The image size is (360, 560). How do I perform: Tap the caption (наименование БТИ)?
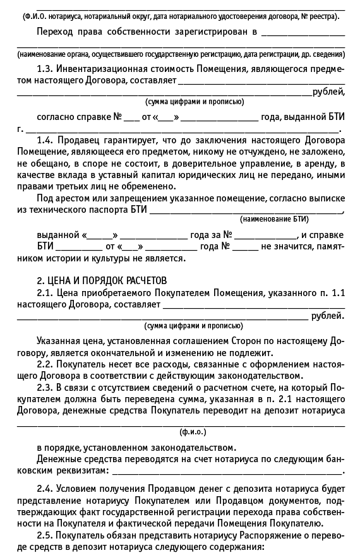[274, 219]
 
